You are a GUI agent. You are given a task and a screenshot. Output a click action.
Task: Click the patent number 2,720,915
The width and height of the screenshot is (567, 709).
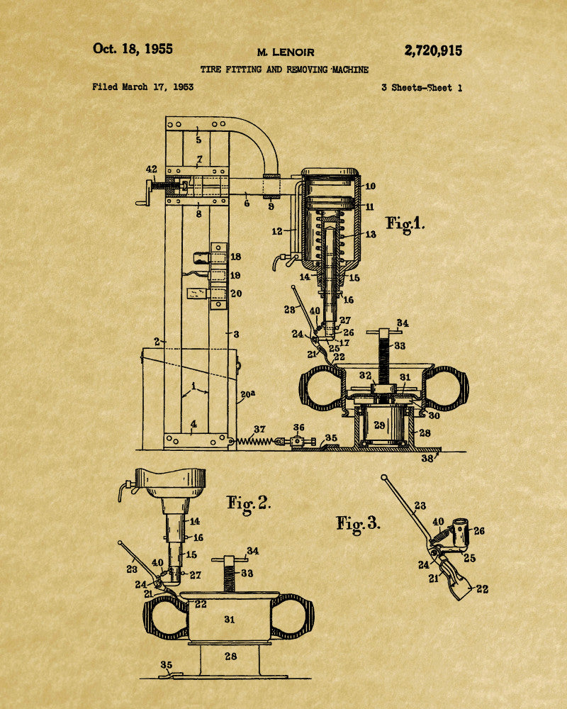click(x=433, y=50)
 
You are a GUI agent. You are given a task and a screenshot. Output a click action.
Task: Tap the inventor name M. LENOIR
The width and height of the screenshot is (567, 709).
click(x=286, y=52)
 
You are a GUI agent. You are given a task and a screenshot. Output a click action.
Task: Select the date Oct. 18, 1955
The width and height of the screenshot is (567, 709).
click(x=133, y=49)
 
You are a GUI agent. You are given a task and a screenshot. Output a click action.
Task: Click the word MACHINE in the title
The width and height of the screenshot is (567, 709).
click(x=350, y=69)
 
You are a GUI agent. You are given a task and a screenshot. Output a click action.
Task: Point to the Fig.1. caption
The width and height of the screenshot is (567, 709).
click(x=405, y=224)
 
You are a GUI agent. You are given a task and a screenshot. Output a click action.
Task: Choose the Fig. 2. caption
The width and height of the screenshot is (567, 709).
click(x=248, y=504)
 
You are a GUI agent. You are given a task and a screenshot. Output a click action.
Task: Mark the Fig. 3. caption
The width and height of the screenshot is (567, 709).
click(x=358, y=525)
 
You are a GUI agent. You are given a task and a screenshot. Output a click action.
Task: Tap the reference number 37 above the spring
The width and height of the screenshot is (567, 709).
click(x=259, y=429)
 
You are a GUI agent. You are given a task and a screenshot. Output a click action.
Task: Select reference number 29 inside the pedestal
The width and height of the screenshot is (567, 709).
click(x=379, y=425)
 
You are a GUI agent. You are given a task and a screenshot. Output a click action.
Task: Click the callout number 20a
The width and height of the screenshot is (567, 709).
click(x=248, y=394)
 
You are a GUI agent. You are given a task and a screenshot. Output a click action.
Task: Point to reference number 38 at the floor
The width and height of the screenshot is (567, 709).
click(x=427, y=458)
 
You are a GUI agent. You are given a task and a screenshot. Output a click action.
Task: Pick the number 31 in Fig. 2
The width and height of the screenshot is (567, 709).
click(x=230, y=620)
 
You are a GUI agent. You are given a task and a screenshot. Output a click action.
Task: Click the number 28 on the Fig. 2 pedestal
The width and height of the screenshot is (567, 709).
click(x=230, y=656)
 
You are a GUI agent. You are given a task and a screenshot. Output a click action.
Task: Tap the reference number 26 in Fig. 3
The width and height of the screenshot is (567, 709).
click(x=479, y=531)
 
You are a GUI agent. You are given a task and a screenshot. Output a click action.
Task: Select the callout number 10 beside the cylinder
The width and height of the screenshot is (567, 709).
click(x=370, y=186)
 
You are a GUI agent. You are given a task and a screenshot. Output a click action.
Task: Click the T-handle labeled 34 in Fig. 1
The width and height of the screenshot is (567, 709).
click(x=384, y=333)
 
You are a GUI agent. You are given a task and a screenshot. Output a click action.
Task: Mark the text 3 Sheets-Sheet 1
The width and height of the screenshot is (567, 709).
click(x=422, y=88)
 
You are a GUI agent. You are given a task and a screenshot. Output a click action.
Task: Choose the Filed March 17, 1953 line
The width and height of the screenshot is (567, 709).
click(x=143, y=86)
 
